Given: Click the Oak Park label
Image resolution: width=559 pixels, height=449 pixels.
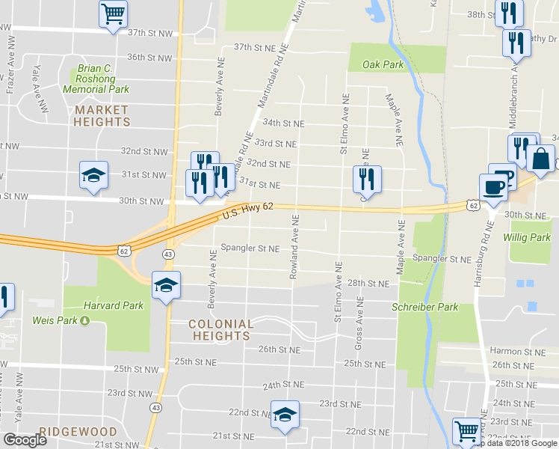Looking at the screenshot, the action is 383,65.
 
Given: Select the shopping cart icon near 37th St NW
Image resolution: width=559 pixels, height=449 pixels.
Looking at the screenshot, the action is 113,13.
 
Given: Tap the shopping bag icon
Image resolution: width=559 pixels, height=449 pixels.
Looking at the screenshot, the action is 540,159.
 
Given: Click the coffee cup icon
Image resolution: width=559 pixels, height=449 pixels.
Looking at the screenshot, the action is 493,187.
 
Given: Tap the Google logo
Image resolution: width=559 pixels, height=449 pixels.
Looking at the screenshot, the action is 25,440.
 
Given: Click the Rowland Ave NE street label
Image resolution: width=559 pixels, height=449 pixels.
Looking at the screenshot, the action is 295,247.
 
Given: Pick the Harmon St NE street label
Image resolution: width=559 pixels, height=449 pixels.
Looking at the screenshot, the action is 517,351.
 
